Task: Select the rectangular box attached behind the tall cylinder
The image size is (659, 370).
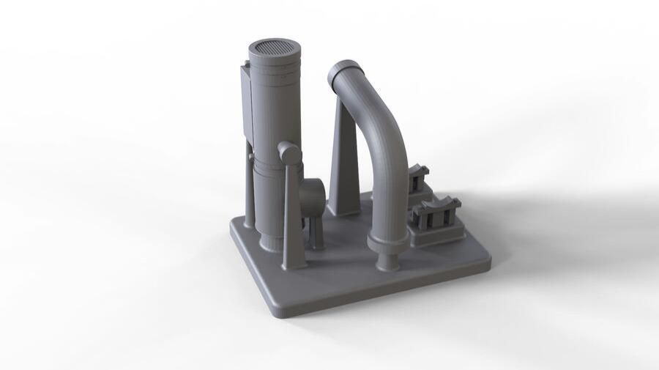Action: pyautogui.click(x=245, y=103)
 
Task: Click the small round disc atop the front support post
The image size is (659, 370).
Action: pyautogui.click(x=288, y=153)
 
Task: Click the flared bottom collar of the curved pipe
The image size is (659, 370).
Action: pyautogui.click(x=387, y=243)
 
